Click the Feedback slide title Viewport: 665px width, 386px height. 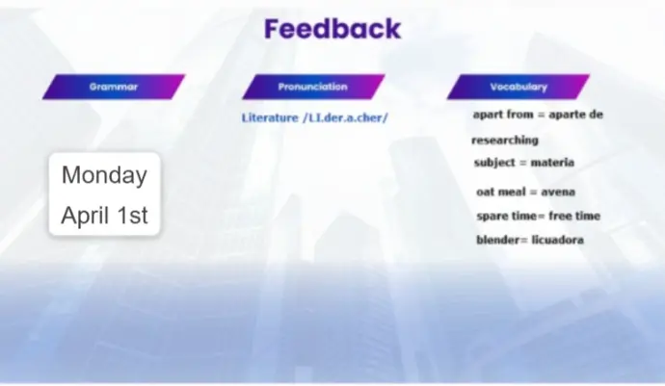click(x=332, y=29)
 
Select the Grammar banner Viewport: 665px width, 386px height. click(x=114, y=87)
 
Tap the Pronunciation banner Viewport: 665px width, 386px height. click(x=313, y=87)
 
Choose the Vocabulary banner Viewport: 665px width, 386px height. click(x=519, y=87)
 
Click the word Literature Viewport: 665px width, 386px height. click(x=270, y=117)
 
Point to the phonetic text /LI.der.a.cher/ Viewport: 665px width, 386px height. click(x=345, y=117)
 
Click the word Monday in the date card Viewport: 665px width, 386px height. click(x=104, y=175)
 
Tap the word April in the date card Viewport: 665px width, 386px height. click(x=86, y=216)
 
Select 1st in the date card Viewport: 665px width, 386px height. click(x=132, y=215)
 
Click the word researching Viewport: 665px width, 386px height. click(x=505, y=141)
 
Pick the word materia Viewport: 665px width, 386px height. click(x=552, y=163)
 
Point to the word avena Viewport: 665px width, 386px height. click(x=558, y=192)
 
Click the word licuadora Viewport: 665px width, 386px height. click(x=557, y=240)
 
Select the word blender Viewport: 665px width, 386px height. click(x=498, y=240)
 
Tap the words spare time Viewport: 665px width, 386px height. click(x=506, y=216)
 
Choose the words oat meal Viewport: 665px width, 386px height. click(x=501, y=192)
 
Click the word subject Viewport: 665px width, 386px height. click(x=494, y=163)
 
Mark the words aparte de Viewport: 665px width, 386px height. click(x=576, y=115)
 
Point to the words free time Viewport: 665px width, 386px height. click(x=574, y=216)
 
